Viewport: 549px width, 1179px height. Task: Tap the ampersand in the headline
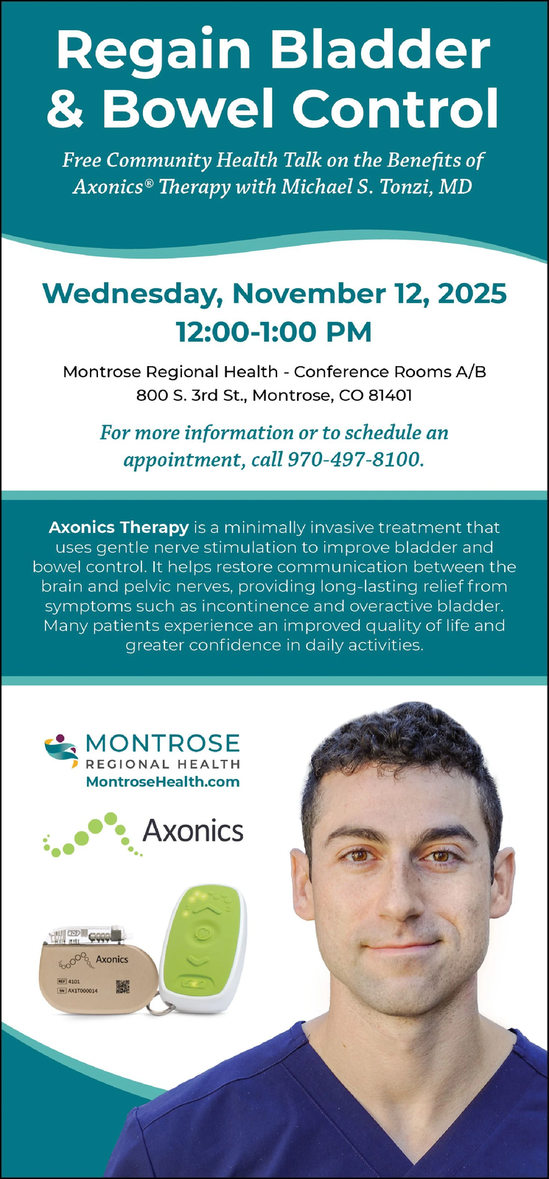pos(65,108)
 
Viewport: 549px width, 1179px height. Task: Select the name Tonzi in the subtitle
pos(402,187)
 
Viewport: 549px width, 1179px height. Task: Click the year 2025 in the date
pos(472,293)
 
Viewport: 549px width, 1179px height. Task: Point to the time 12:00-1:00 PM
pos(273,332)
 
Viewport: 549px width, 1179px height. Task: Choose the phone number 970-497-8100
pos(354,460)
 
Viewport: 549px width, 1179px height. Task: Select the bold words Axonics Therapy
pos(119,527)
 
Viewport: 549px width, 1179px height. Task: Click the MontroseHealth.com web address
pos(163,782)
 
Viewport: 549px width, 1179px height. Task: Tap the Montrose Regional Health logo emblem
pos(60,751)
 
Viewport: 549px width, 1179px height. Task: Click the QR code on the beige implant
pos(122,986)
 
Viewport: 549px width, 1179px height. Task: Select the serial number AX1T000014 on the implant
pos(83,990)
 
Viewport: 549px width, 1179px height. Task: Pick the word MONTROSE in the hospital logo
pos(162,744)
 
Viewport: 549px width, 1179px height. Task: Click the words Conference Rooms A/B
pos(390,371)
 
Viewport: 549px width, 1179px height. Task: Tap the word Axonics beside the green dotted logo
pos(193,830)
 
